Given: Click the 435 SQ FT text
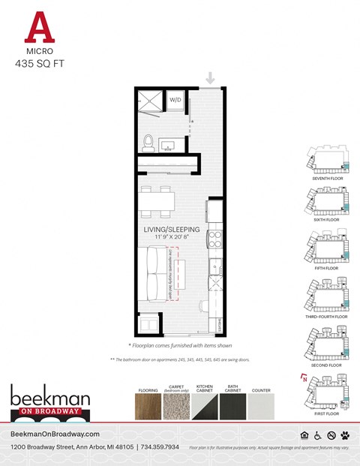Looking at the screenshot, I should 39,65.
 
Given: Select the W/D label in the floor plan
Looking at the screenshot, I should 176,99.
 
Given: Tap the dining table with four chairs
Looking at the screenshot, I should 157,201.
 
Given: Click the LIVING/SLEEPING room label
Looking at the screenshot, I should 172,229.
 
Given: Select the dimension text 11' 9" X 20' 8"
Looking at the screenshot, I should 172,237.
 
